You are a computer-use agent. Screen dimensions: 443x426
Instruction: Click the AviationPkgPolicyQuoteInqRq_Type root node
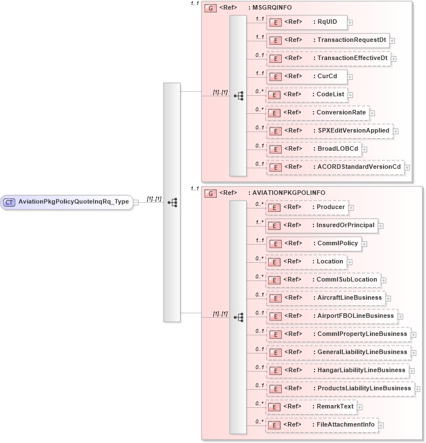[74, 202]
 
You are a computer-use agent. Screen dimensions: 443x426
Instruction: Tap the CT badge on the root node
[10, 202]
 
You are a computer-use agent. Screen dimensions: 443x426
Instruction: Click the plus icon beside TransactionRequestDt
[392, 41]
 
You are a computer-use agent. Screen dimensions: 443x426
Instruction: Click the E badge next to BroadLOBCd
[274, 149]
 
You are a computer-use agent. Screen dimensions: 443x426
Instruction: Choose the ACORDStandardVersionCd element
[335, 167]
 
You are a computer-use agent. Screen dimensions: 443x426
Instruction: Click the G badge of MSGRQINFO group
[210, 8]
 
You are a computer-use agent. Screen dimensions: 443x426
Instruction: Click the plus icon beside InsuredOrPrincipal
[381, 226]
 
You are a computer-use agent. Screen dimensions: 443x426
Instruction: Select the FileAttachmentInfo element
[322, 425]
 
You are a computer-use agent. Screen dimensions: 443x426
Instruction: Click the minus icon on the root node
[136, 202]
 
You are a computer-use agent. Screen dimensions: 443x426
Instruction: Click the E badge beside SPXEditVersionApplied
[274, 131]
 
